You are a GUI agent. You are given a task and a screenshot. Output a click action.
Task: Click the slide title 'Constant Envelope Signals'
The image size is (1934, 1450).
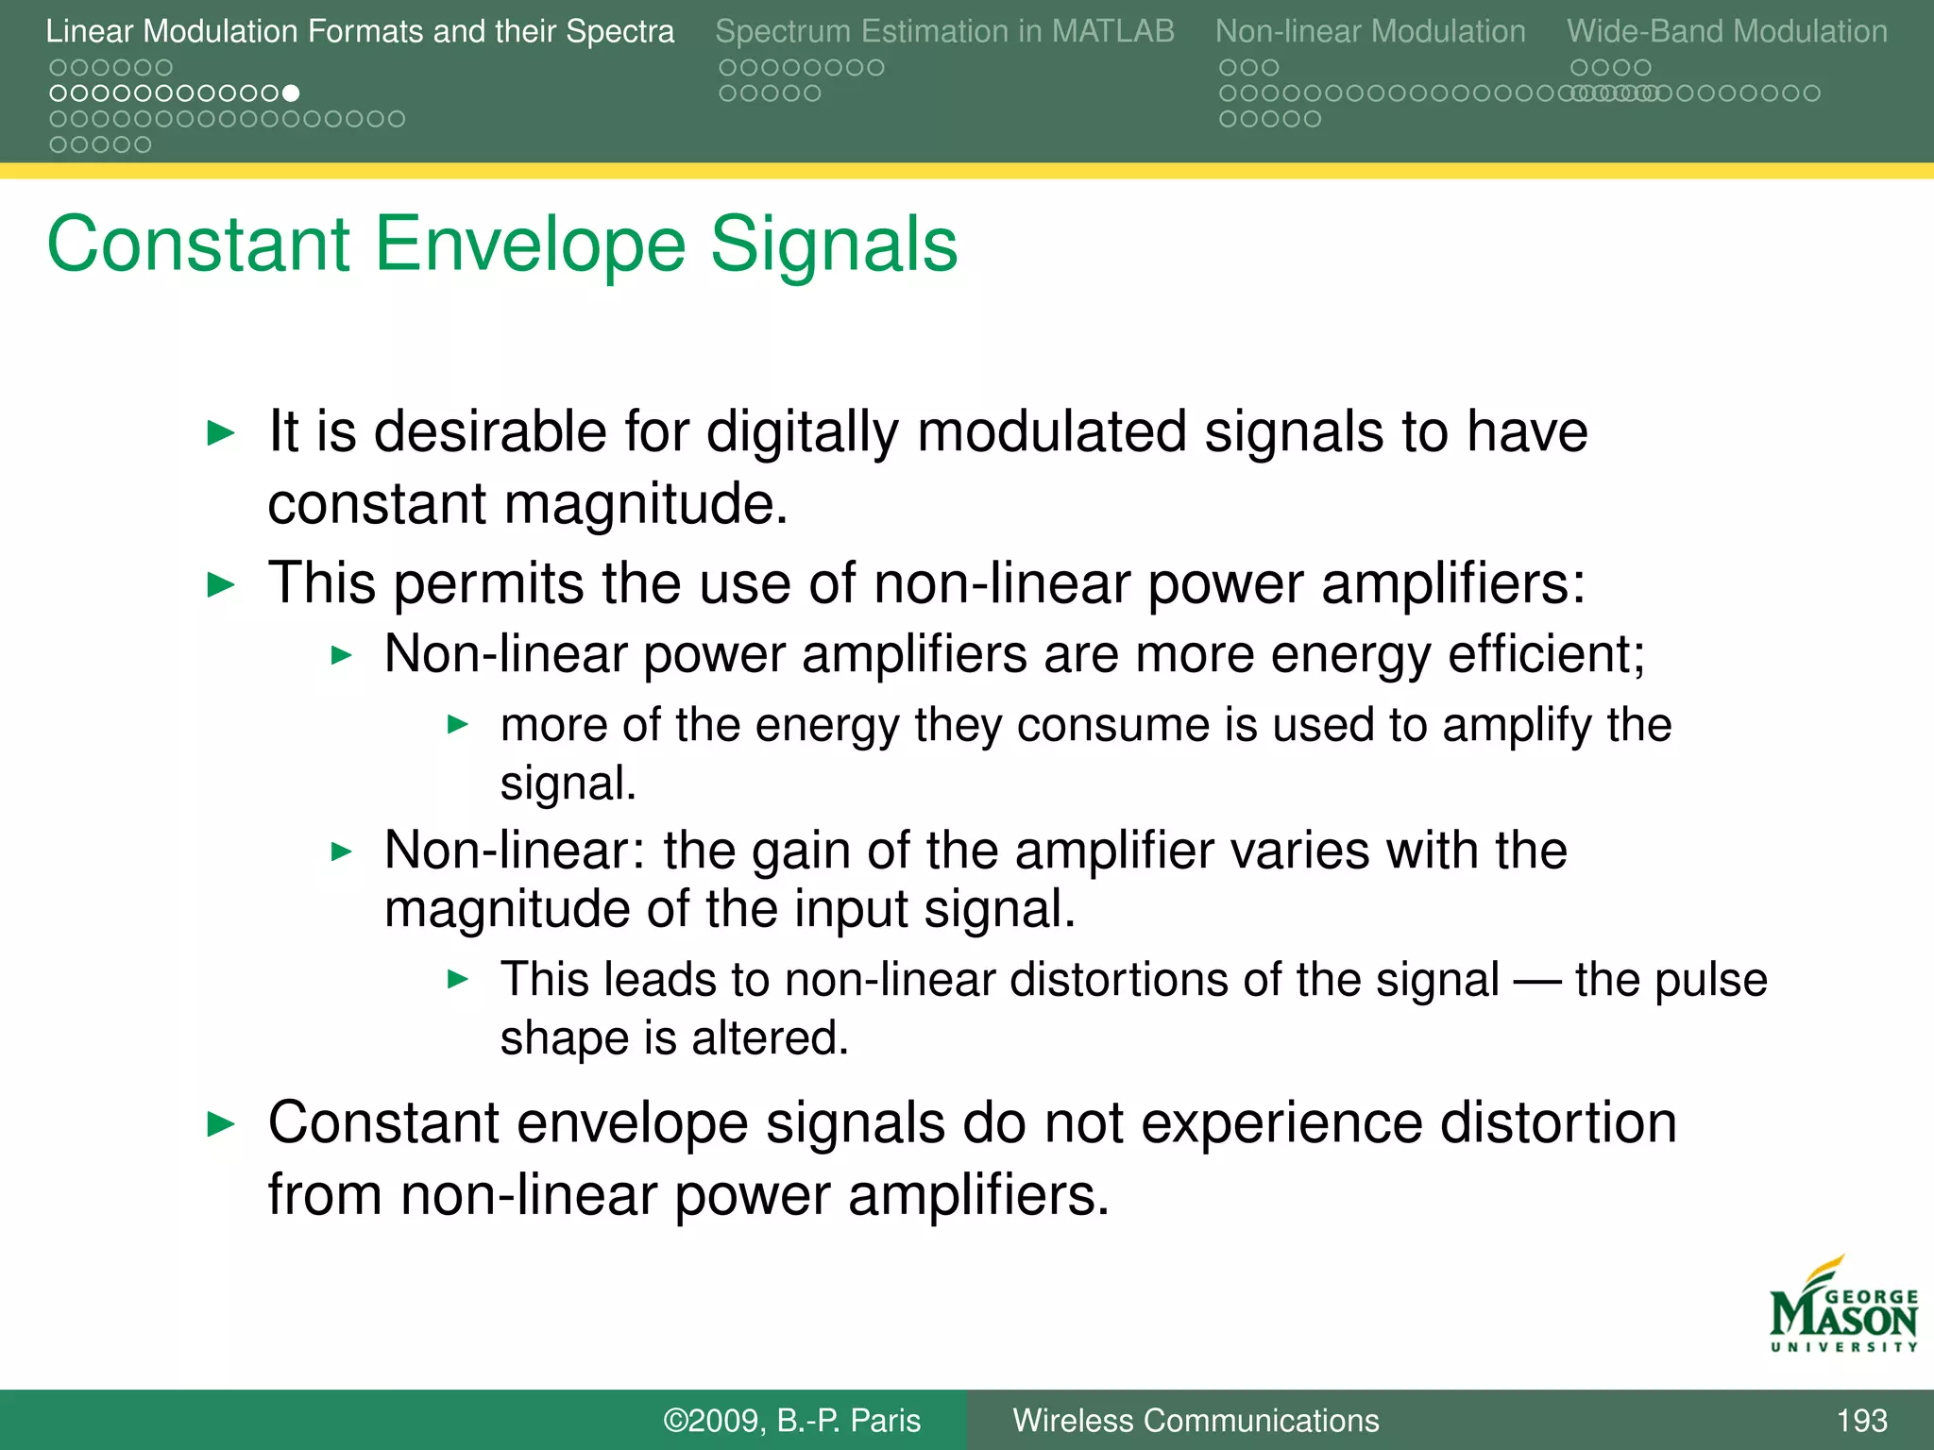[502, 244]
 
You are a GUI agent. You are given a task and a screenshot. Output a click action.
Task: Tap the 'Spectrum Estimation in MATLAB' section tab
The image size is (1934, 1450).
[944, 31]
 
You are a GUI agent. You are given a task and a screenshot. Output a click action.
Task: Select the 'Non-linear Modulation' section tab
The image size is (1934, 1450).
[1369, 31]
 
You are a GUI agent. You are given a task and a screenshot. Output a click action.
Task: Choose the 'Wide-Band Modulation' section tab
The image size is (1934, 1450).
[1726, 31]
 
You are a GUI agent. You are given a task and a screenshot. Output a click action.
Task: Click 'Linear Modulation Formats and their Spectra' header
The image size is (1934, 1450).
[360, 31]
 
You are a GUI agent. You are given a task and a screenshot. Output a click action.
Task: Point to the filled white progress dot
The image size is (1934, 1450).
[292, 93]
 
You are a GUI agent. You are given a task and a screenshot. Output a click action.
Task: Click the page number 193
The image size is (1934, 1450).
[1861, 1420]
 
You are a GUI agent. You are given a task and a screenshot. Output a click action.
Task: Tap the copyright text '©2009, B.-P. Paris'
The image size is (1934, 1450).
[791, 1420]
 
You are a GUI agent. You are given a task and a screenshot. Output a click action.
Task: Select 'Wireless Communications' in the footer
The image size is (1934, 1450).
[1196, 1420]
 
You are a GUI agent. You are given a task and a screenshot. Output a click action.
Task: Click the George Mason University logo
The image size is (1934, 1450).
[1842, 1307]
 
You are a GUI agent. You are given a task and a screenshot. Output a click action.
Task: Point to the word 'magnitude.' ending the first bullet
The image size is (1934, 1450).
[645, 504]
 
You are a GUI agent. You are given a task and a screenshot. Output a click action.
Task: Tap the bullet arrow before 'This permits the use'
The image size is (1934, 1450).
[220, 585]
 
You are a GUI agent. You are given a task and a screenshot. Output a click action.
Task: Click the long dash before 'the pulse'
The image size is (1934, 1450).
[1536, 980]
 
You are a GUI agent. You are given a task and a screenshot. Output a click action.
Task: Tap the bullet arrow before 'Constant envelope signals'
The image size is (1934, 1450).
[220, 1124]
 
